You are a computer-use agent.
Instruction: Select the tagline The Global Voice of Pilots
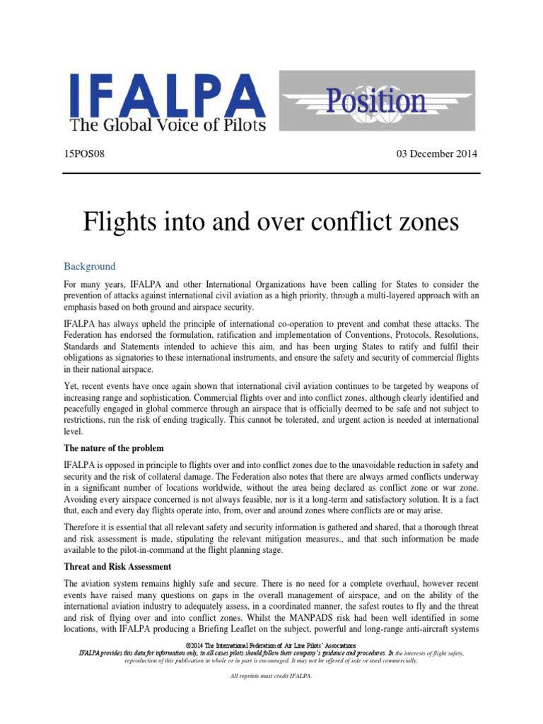click(167, 126)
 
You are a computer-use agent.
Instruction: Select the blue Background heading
click(89, 267)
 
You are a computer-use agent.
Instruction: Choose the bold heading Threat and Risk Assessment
click(117, 566)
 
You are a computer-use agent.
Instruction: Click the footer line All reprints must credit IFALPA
click(271, 676)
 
